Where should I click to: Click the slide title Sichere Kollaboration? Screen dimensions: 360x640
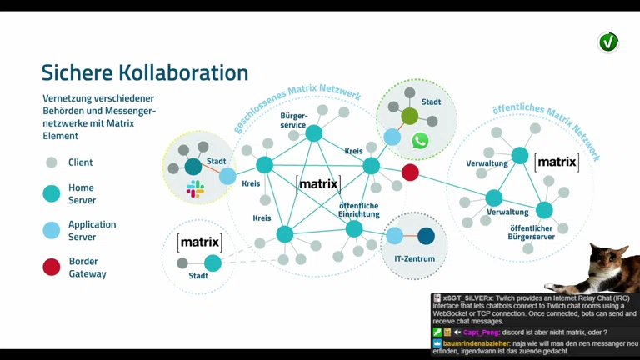(x=145, y=73)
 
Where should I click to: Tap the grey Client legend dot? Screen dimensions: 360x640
(x=52, y=162)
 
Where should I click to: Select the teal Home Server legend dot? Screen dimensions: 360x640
(x=52, y=194)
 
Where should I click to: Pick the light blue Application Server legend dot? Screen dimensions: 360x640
(x=52, y=231)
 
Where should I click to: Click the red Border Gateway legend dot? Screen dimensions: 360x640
(x=52, y=267)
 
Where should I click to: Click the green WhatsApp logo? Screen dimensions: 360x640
(x=420, y=141)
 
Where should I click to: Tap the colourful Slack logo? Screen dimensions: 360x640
(x=195, y=188)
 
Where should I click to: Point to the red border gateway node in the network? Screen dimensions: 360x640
(x=410, y=172)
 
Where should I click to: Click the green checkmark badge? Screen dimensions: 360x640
(x=608, y=42)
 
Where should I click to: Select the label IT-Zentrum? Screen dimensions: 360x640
(x=414, y=259)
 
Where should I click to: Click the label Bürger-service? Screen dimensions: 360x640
(x=293, y=120)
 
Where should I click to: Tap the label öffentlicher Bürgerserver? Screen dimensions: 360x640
(x=532, y=232)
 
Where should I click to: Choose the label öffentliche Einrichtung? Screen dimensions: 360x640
(x=358, y=209)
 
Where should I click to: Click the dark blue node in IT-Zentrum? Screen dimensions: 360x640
(x=426, y=236)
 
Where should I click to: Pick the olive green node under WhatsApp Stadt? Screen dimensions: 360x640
(x=410, y=117)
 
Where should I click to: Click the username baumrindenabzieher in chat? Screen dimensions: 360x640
(x=477, y=342)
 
